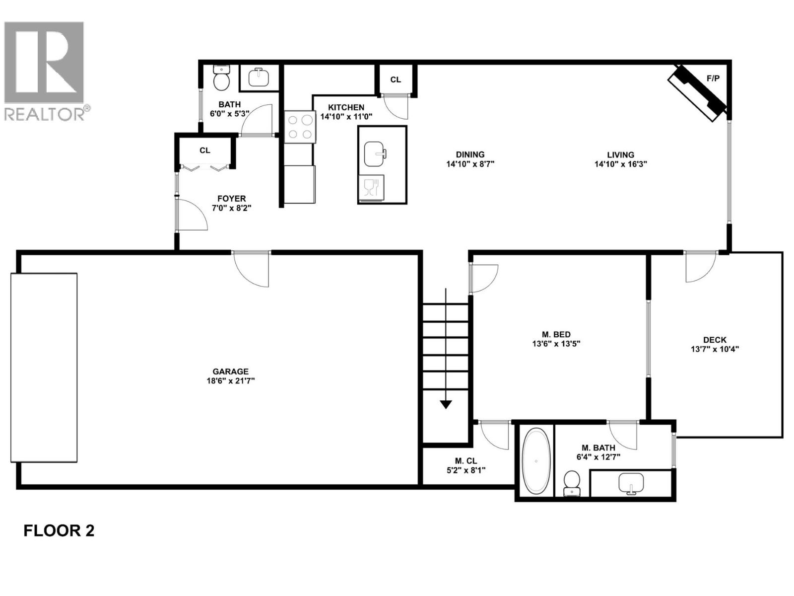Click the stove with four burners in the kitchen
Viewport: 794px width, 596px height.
coord(300,127)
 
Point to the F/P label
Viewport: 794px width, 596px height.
coord(713,78)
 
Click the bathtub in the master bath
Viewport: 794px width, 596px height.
coord(536,461)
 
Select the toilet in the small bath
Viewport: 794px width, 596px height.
coord(221,78)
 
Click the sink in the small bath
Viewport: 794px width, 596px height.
coord(259,77)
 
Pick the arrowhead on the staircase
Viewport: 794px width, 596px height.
coord(446,404)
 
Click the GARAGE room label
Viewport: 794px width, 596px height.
coord(230,372)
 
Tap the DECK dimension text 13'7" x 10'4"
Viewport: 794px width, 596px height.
coord(715,349)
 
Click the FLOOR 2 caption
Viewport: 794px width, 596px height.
coord(59,530)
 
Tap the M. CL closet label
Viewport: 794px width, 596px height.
coord(465,461)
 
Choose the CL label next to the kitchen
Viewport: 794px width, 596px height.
coord(396,79)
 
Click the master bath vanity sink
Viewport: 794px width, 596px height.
coord(631,483)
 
